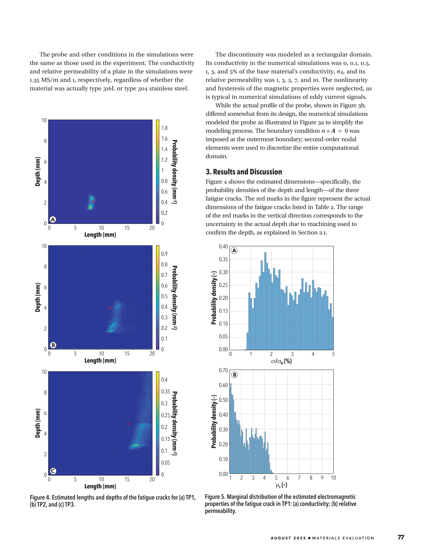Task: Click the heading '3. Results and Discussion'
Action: (243, 172)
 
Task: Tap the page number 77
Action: (401, 537)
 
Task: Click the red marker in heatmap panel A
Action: (93, 201)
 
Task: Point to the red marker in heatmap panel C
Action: (128, 424)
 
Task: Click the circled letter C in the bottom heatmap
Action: (53, 471)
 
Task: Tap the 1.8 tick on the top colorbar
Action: (164, 128)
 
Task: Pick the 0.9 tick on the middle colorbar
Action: (164, 254)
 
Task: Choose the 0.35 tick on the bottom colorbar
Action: (166, 391)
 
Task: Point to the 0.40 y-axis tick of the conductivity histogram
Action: (223, 246)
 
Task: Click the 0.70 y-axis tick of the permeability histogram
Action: (223, 370)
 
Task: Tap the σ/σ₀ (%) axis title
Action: (281, 361)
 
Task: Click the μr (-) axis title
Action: (281, 485)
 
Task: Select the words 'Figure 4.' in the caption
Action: (40, 498)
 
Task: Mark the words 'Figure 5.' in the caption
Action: (215, 497)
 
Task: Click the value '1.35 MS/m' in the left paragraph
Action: (44, 80)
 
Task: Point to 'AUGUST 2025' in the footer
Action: (288, 538)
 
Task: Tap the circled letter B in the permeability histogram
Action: (235, 375)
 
